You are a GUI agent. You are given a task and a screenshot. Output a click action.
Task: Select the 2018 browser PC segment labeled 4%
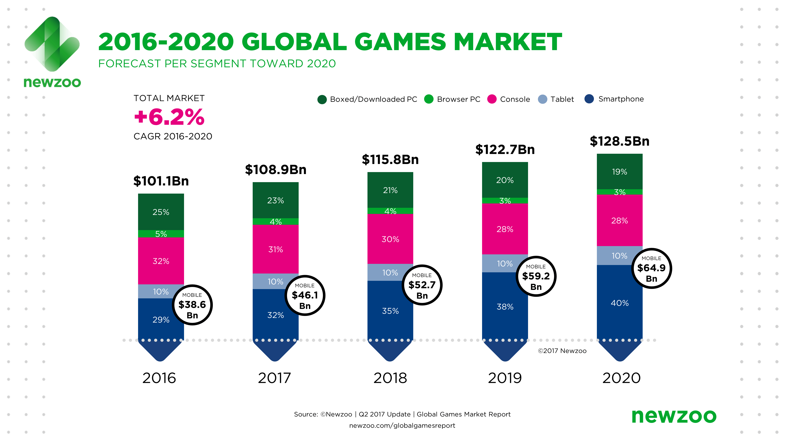click(390, 211)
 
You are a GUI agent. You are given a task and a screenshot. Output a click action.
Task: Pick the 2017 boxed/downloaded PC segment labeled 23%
click(275, 200)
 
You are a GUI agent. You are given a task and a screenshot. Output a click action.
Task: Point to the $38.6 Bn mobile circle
click(192, 305)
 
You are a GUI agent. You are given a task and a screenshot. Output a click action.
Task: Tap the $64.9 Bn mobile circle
click(652, 268)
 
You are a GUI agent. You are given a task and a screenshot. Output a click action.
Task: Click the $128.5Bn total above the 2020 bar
click(619, 141)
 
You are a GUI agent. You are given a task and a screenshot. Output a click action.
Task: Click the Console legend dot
click(492, 99)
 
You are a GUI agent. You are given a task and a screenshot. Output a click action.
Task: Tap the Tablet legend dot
click(542, 99)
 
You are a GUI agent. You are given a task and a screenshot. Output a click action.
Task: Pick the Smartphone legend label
click(621, 99)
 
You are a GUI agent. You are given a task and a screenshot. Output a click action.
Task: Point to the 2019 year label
click(505, 378)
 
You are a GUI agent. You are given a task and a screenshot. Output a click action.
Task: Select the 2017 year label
click(274, 378)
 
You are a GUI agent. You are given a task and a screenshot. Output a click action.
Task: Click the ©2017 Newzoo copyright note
click(562, 351)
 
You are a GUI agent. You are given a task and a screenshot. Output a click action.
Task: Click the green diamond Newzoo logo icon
click(52, 44)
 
